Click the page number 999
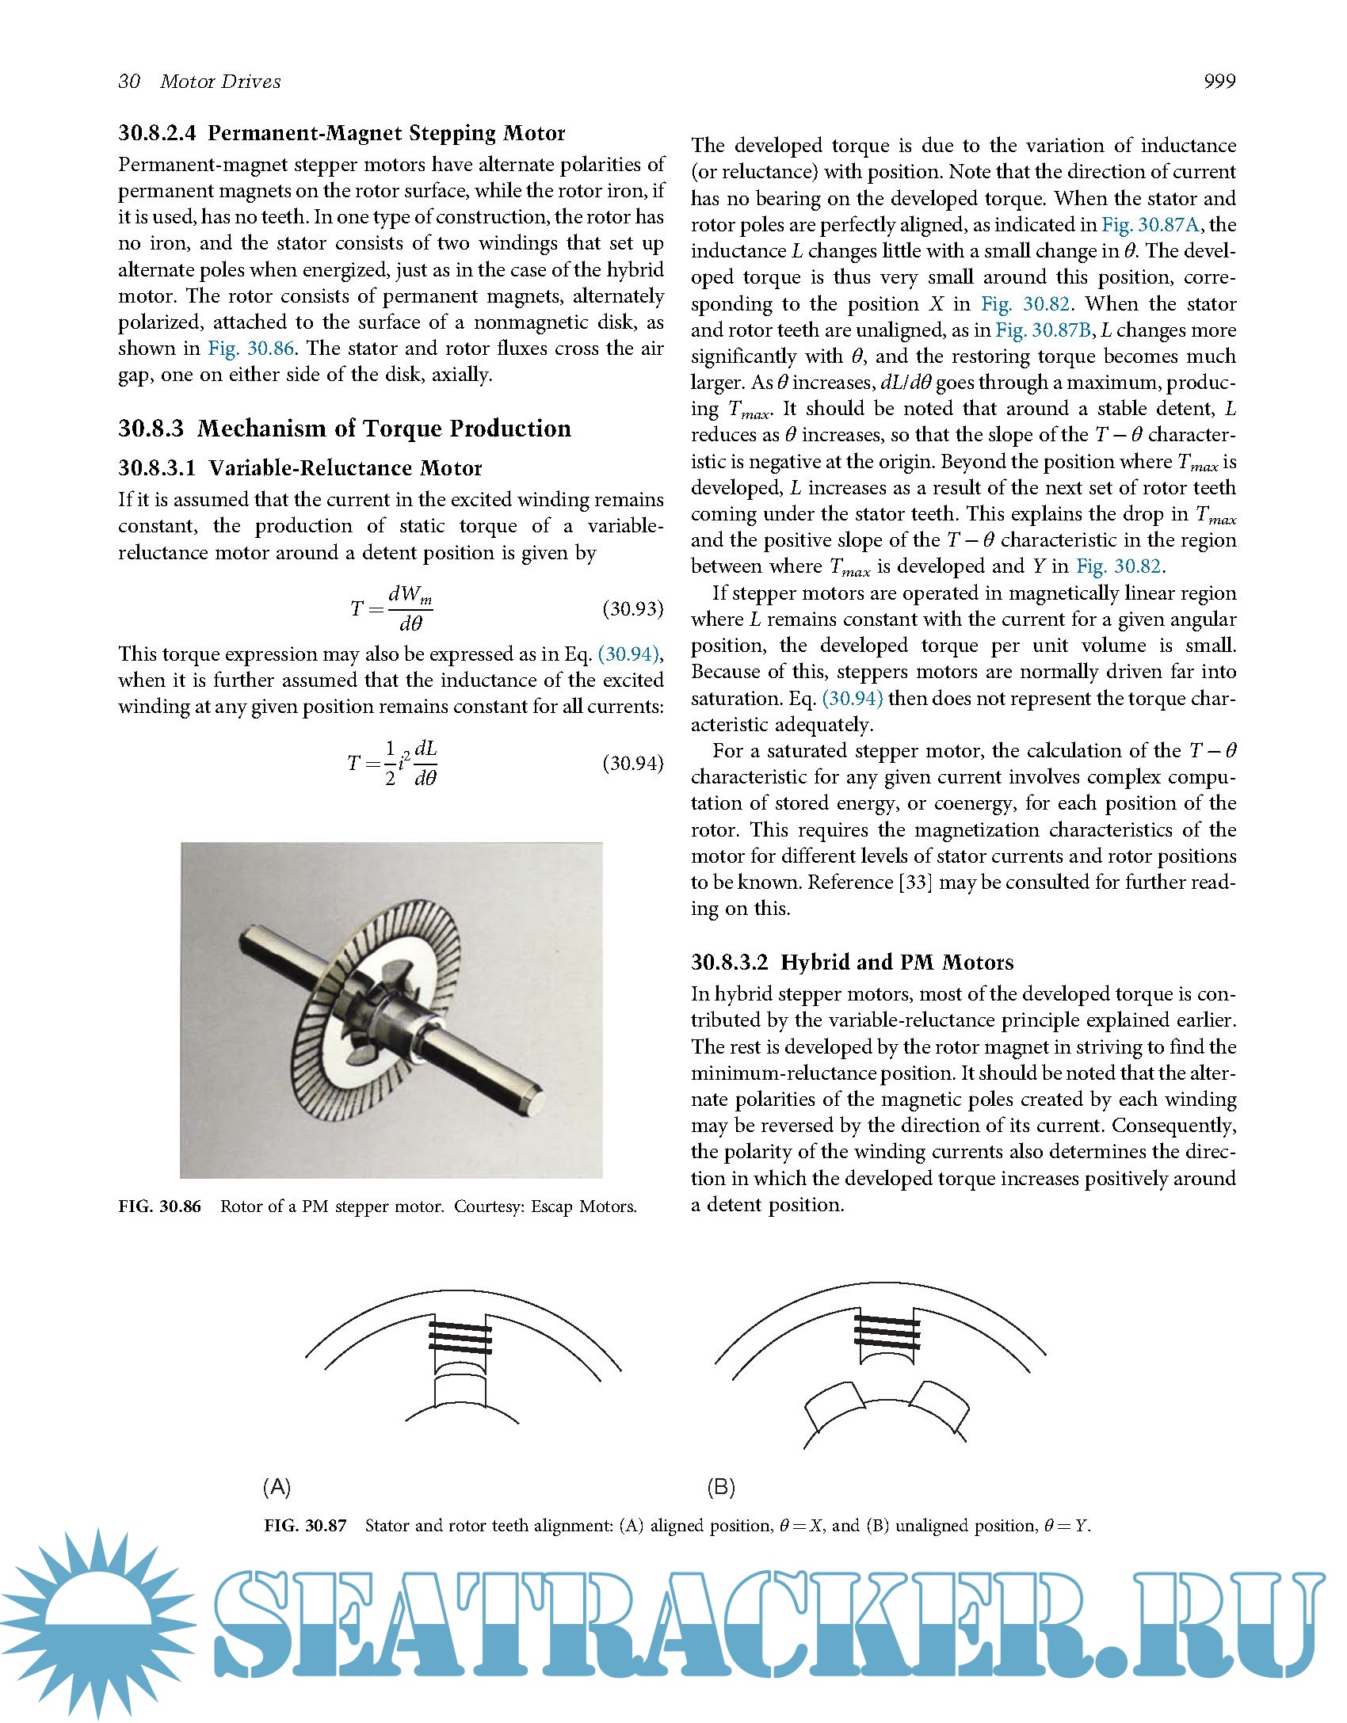[1219, 82]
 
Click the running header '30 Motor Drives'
[200, 82]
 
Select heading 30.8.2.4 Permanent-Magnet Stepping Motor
[342, 133]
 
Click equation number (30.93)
[632, 609]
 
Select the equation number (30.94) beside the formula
[632, 763]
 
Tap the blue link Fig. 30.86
[250, 349]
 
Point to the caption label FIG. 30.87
[306, 1526]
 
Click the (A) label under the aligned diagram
[277, 1487]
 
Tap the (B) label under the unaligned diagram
[721, 1487]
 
